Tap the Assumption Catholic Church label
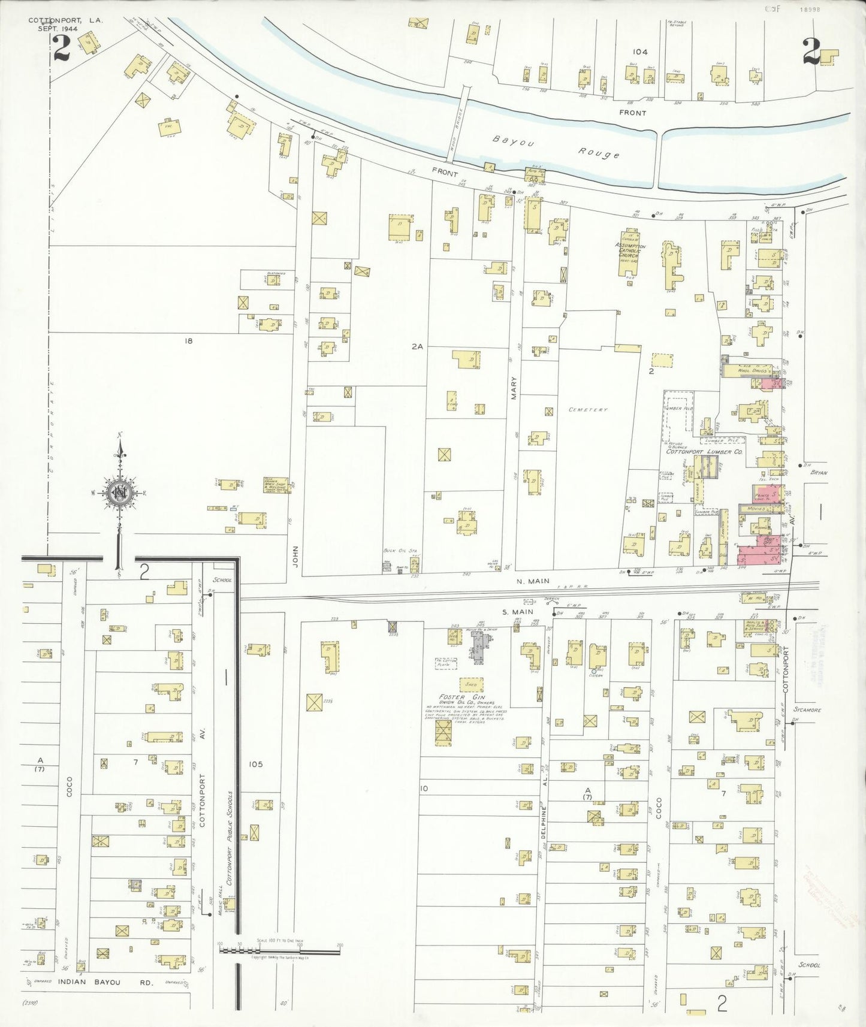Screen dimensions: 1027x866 tap(630, 250)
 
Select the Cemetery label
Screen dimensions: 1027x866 tap(588, 410)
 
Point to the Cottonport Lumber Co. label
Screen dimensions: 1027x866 tap(705, 452)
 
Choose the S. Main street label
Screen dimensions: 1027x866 tap(517, 612)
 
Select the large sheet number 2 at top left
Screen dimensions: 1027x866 tap(61, 49)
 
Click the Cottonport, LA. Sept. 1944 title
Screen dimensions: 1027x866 tap(65, 24)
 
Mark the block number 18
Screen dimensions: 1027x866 tap(189, 341)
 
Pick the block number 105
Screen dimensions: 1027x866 tap(256, 764)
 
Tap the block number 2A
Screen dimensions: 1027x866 tap(417, 346)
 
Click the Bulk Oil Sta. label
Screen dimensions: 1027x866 tap(400, 550)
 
